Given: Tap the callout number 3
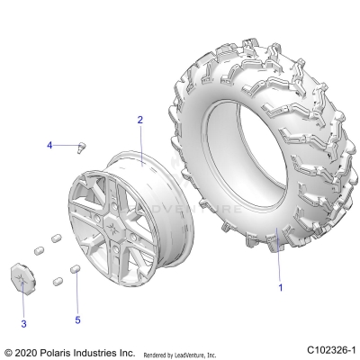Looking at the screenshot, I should (24, 322).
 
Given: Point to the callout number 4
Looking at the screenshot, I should (51, 145).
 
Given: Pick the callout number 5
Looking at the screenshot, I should (77, 319).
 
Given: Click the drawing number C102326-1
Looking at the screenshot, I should (329, 349).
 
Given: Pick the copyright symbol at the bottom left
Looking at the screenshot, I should (9, 350).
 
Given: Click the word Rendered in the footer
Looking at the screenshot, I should (157, 352).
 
